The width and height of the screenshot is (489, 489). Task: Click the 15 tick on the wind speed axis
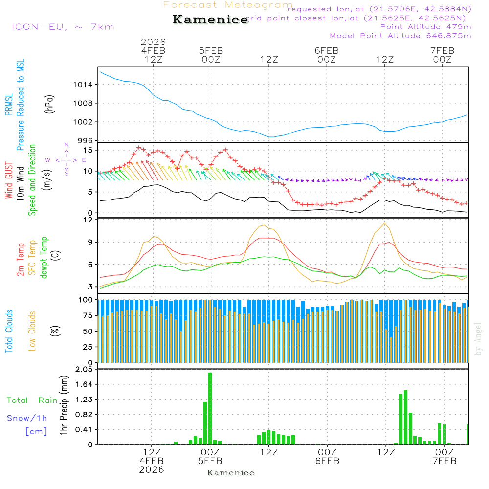[89, 150]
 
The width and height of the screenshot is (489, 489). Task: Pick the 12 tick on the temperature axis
[89, 220]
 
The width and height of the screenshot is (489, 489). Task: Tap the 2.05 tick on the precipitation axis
[84, 370]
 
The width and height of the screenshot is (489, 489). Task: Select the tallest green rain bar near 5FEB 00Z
[210, 408]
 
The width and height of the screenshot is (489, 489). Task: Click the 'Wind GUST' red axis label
[9, 181]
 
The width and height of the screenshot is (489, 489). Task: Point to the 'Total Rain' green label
[32, 400]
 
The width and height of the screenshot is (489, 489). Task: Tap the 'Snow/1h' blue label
[27, 419]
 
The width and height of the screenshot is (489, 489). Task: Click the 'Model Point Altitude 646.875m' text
[400, 36]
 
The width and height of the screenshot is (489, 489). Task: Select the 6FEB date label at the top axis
[327, 50]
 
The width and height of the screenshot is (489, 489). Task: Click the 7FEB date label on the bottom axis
[444, 461]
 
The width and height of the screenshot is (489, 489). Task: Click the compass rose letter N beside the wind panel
[67, 145]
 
